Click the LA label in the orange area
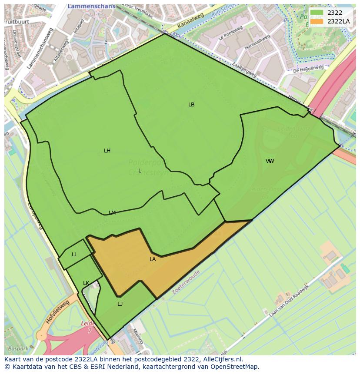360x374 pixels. coord(153,259)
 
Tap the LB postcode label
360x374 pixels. coord(191,105)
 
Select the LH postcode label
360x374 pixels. coord(107,151)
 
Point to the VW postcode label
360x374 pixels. coord(270,161)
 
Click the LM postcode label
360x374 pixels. coord(112,213)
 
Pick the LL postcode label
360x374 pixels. coord(74,255)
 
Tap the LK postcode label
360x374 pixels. coord(86,283)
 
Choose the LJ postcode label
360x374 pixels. coord(120,304)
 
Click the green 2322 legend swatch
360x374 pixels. coord(317,13)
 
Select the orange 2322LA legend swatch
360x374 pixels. coord(317,21)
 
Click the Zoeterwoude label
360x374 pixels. coord(186,282)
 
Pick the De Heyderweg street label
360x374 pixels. coord(308,69)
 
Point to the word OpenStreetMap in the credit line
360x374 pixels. coord(235,367)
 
